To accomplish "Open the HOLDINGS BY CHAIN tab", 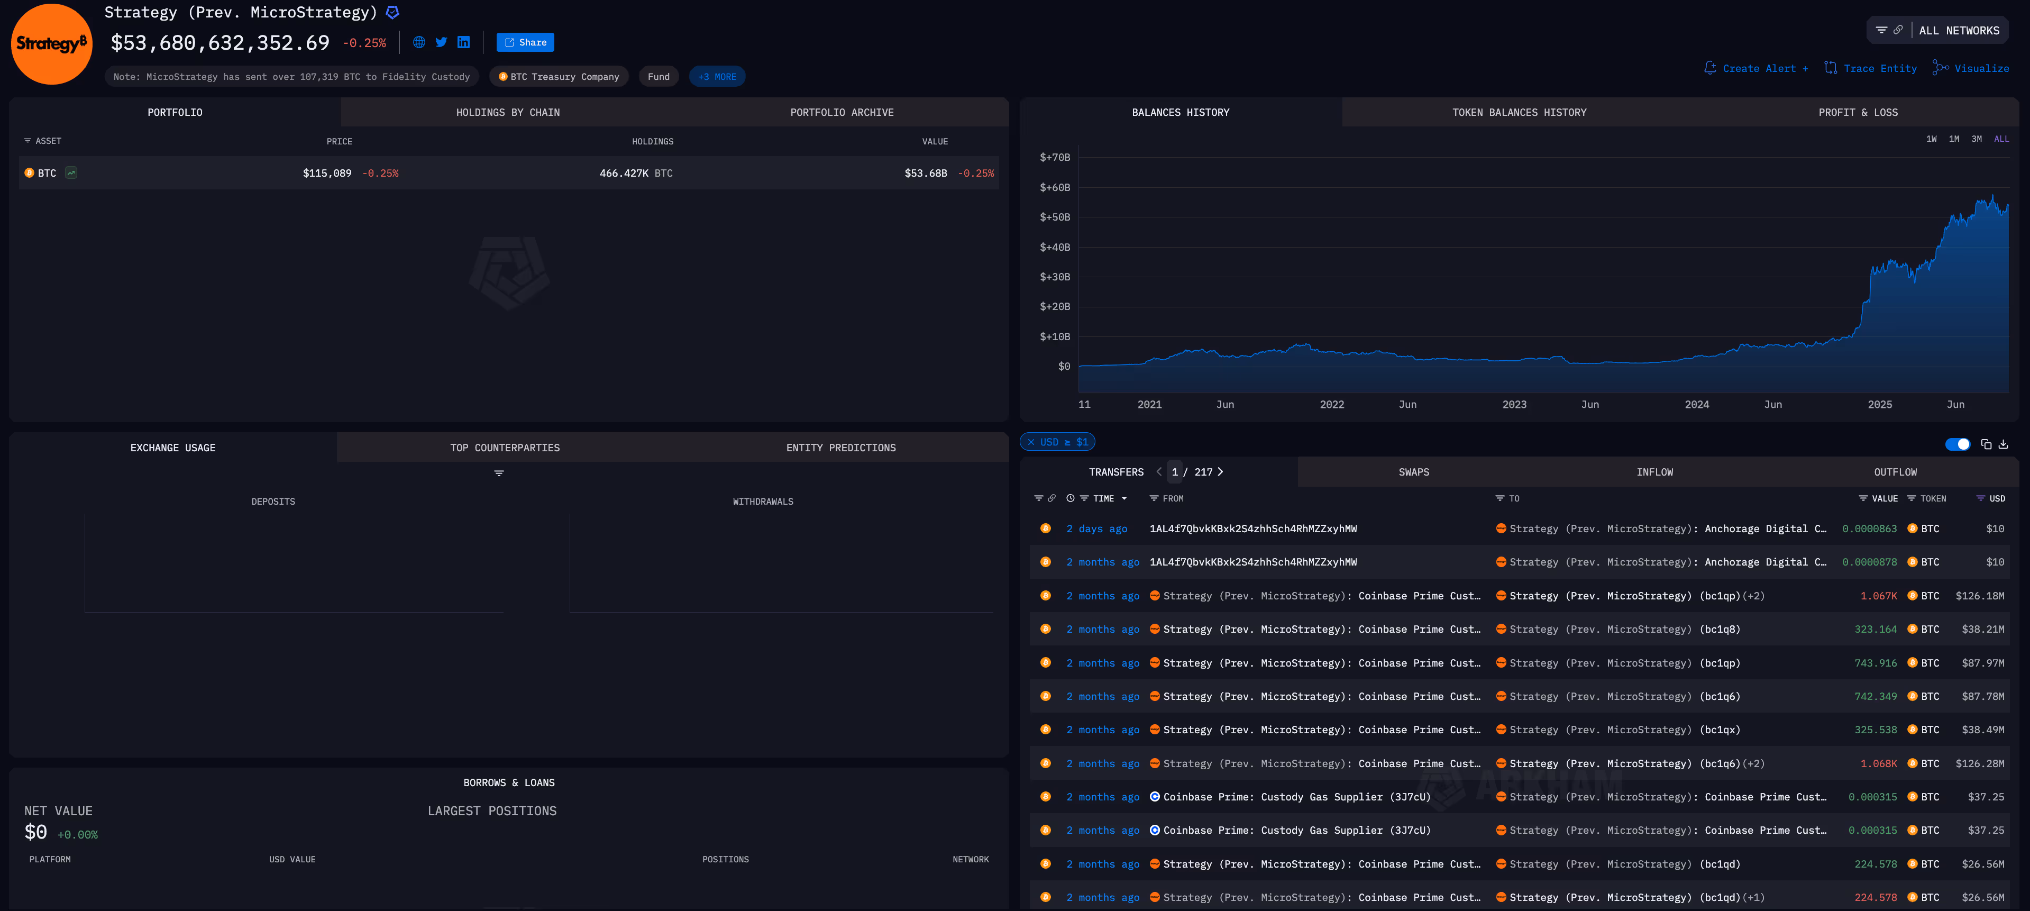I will coord(508,113).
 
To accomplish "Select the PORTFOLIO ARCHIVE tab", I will coord(842,113).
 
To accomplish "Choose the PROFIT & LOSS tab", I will coord(1858,113).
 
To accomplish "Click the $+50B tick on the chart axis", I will coord(1054,217).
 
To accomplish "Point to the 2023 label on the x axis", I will coord(1514,404).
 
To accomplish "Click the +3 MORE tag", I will coord(717,76).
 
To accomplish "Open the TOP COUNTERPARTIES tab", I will coord(505,448).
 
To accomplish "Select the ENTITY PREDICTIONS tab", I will coord(841,448).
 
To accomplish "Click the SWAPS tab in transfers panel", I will coord(1414,472).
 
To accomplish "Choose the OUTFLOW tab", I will coord(1895,472).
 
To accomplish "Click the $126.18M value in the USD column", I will coord(1980,596).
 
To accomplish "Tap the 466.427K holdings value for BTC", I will coord(624,174).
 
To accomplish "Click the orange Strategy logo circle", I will coord(52,44).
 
